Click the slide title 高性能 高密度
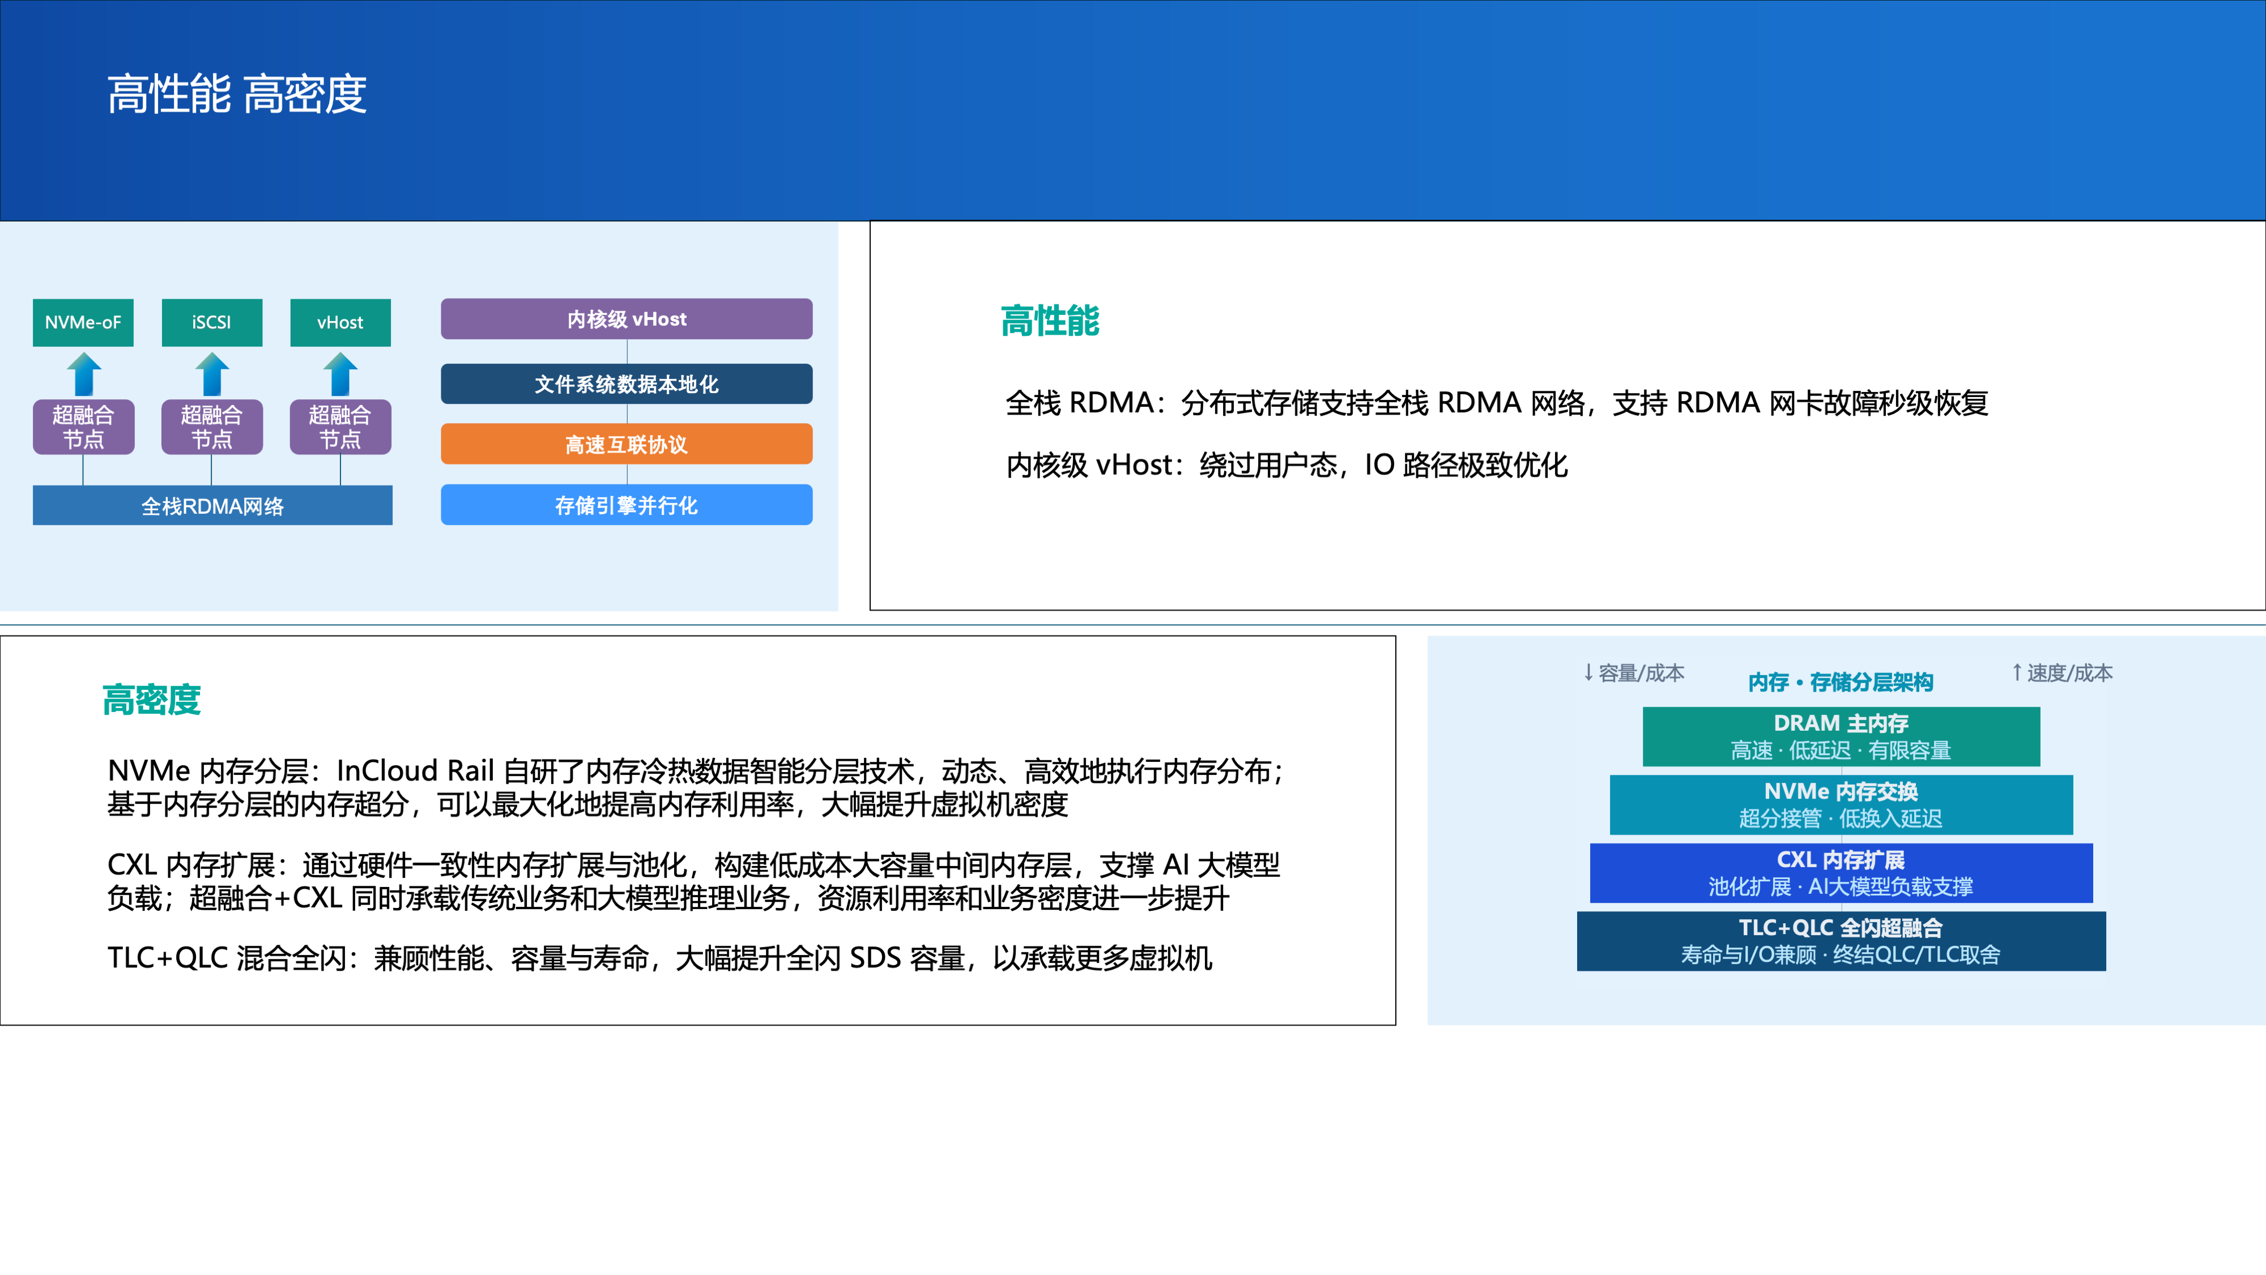[x=237, y=94]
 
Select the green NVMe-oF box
[x=84, y=323]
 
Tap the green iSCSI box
[x=212, y=323]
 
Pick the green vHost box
[x=340, y=323]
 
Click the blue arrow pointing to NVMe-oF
[x=84, y=374]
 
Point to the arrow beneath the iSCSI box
[x=212, y=374]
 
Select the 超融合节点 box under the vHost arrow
[x=340, y=427]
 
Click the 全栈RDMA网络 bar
[x=213, y=506]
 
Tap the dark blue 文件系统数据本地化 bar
[x=627, y=384]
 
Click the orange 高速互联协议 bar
[x=627, y=444]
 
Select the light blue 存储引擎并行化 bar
[x=627, y=505]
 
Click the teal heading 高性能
[x=1050, y=321]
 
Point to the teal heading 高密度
[x=151, y=701]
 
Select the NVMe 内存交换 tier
[x=1841, y=804]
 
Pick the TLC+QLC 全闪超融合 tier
[x=1841, y=941]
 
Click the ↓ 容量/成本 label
[x=1634, y=673]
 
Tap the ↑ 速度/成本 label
[x=2062, y=673]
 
